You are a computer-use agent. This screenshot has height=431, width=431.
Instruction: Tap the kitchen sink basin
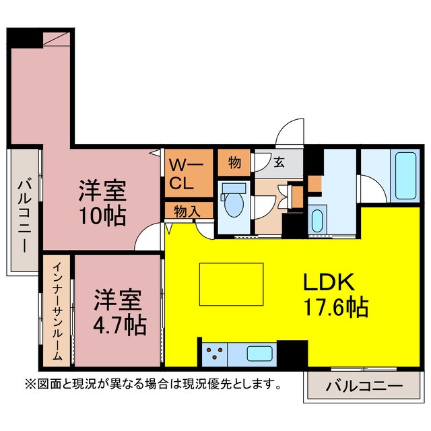point(260,354)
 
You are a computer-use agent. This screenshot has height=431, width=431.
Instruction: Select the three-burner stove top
point(215,354)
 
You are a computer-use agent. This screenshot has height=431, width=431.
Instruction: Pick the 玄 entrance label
point(278,162)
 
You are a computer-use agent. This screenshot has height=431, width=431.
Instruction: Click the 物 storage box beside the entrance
point(234,162)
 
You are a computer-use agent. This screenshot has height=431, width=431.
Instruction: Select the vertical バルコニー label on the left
point(24,213)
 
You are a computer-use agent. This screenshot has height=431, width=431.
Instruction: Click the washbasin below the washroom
point(319,222)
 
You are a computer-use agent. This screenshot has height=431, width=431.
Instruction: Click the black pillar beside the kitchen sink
point(292,354)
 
